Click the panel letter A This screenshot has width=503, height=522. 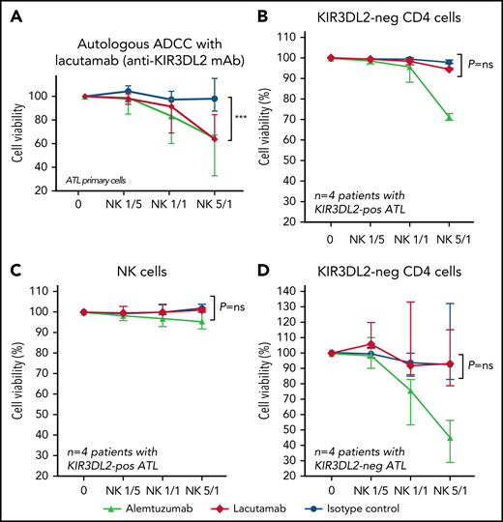15,14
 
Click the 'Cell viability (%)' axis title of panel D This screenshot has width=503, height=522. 279,382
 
